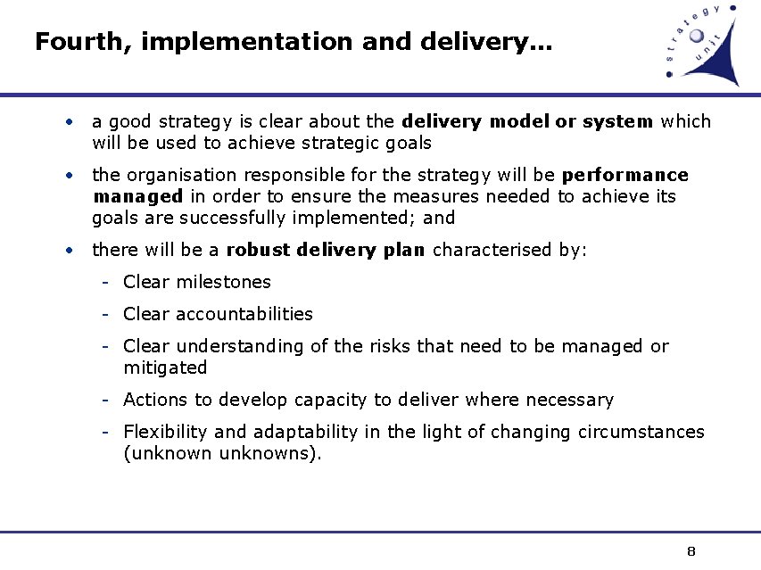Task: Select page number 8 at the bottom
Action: pyautogui.click(x=691, y=550)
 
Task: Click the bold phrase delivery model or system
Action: pyautogui.click(x=528, y=121)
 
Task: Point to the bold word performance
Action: pyautogui.click(x=625, y=175)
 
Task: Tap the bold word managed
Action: pyautogui.click(x=137, y=196)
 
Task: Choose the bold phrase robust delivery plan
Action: pyautogui.click(x=327, y=250)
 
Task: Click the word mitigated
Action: pyautogui.click(x=165, y=368)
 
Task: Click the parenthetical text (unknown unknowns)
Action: pyautogui.click(x=222, y=453)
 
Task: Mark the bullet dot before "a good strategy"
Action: pyautogui.click(x=69, y=121)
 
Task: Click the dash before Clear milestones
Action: pyautogui.click(x=105, y=283)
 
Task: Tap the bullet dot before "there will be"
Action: pyautogui.click(x=69, y=250)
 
